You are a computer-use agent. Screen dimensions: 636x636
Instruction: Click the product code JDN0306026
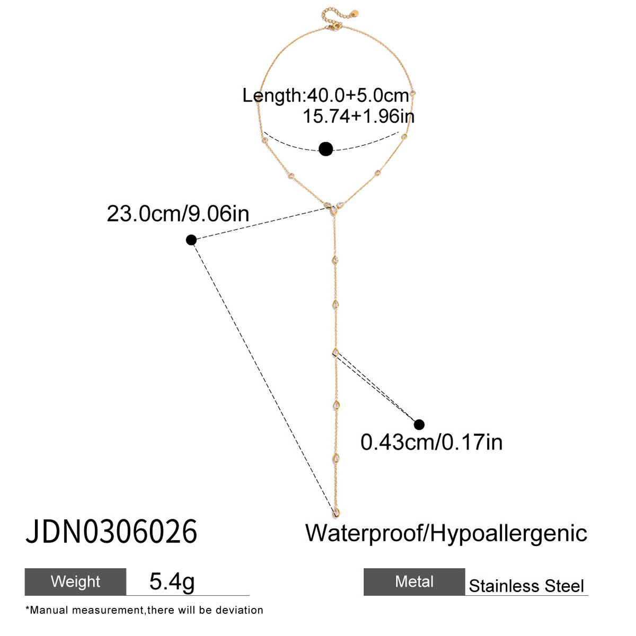tap(111, 532)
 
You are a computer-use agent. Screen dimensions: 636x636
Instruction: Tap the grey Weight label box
tap(75, 581)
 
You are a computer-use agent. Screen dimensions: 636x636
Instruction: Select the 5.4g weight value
tap(172, 581)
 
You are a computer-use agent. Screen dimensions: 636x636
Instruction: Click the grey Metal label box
tap(414, 581)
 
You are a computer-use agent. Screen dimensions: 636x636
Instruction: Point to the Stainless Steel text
tap(526, 586)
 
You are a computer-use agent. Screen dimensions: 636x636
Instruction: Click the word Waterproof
tap(363, 533)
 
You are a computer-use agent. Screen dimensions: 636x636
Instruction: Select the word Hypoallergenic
tap(509, 533)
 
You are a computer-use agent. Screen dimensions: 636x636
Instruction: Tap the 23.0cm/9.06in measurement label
tap(178, 214)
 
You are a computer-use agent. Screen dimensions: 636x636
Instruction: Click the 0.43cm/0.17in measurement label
tap(431, 442)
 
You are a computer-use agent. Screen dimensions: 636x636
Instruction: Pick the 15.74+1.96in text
tap(358, 116)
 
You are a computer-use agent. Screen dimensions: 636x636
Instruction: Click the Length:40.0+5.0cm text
tap(326, 95)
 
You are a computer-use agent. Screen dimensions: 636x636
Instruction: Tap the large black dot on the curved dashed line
tap(326, 149)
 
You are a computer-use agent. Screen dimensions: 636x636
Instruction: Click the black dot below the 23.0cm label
tap(191, 240)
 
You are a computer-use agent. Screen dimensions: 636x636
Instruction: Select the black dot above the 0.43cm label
tap(419, 424)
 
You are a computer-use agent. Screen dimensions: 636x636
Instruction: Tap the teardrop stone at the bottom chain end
tap(337, 512)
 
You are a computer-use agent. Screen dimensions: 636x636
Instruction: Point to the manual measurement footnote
tap(144, 610)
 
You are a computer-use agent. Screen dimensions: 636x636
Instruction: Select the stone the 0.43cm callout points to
tap(335, 352)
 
